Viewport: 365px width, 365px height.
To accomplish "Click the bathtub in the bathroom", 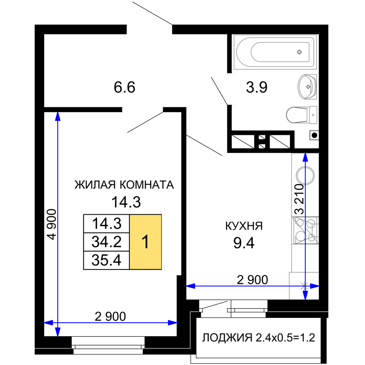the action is pyautogui.click(x=275, y=52).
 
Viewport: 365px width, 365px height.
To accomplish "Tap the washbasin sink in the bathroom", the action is pyautogui.click(x=307, y=87).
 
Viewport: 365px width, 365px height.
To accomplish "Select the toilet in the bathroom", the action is pyautogui.click(x=301, y=115).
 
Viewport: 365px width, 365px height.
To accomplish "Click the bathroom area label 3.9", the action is pyautogui.click(x=257, y=87).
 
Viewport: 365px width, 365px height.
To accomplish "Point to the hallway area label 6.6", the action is pyautogui.click(x=124, y=87).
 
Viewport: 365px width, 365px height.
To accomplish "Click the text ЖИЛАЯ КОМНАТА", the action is pyautogui.click(x=124, y=185).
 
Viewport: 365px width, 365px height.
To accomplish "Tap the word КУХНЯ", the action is pyautogui.click(x=244, y=226).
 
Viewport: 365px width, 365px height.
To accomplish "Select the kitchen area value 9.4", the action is pyautogui.click(x=244, y=243).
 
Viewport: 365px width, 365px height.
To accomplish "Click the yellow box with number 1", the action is pyautogui.click(x=146, y=242).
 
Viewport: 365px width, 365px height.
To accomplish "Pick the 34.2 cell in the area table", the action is pyautogui.click(x=106, y=242).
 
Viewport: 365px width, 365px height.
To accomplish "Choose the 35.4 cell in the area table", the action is pyautogui.click(x=106, y=260).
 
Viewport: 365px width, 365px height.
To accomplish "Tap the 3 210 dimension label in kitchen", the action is pyautogui.click(x=299, y=199).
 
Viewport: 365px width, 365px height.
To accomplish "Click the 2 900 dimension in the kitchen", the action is pyautogui.click(x=252, y=280).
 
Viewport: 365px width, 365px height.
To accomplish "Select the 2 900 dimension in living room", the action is pyautogui.click(x=110, y=316).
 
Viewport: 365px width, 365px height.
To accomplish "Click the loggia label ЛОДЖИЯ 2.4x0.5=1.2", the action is pyautogui.click(x=259, y=338).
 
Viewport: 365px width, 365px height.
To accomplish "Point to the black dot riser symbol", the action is pyautogui.click(x=314, y=135).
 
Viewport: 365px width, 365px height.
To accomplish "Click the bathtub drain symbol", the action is pyautogui.click(x=299, y=52).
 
